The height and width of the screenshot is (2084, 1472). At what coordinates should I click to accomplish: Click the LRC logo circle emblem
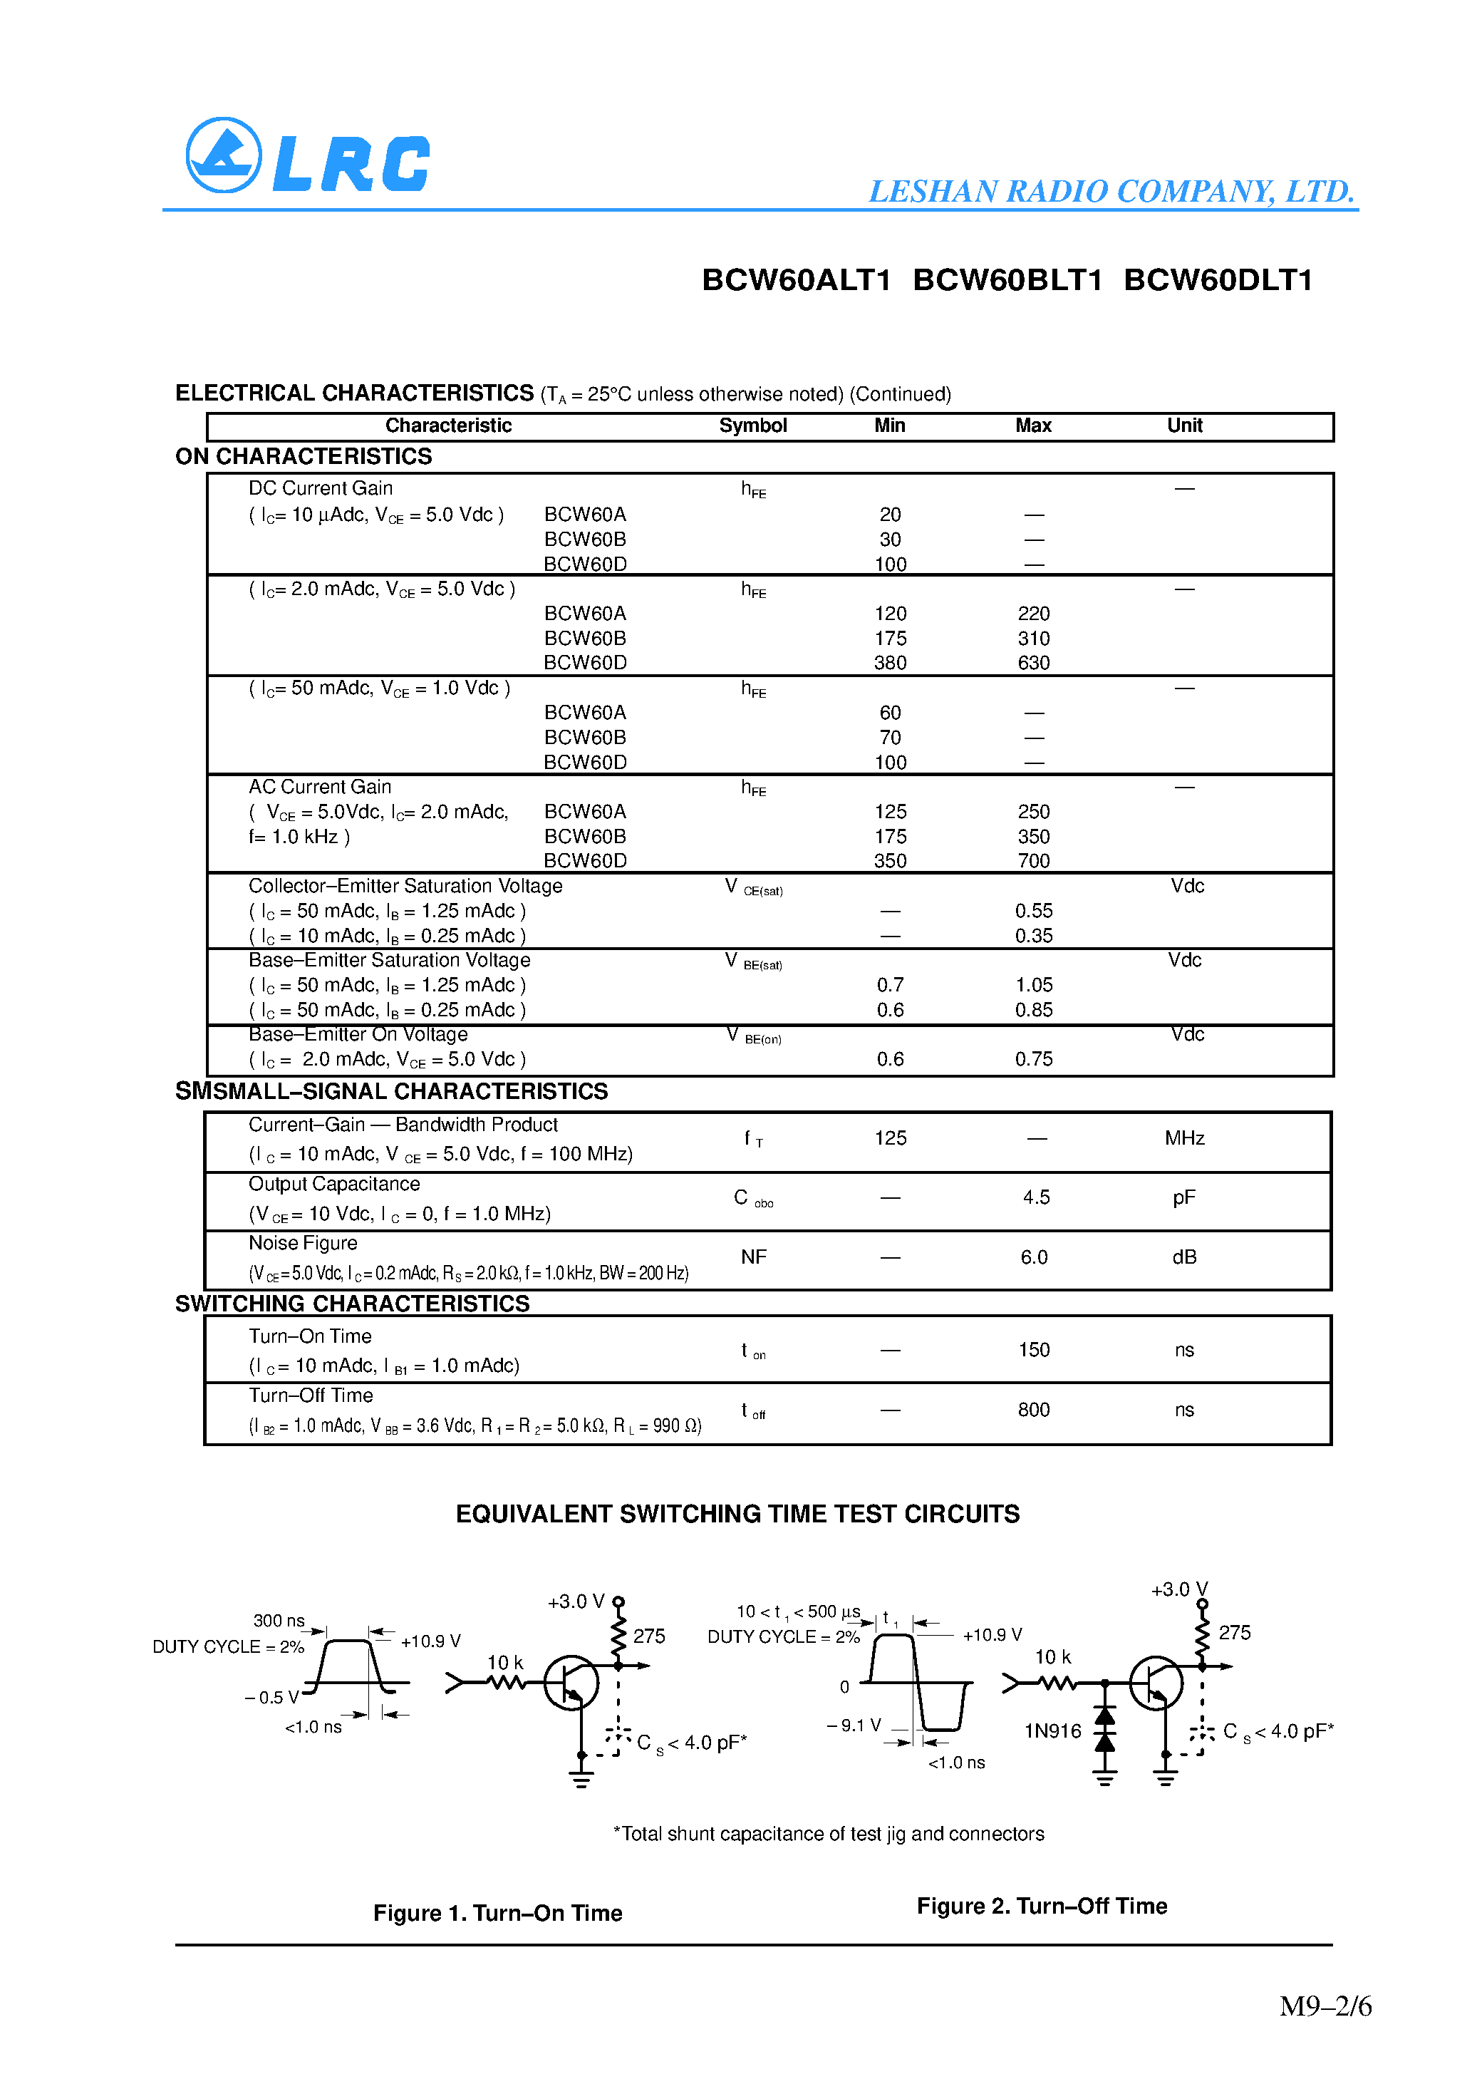[223, 155]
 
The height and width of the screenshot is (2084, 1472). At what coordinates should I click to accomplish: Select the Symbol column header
[752, 425]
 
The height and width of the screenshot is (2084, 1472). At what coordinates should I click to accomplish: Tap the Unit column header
[1183, 425]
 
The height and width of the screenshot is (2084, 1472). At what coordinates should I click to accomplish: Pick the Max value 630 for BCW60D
[1033, 664]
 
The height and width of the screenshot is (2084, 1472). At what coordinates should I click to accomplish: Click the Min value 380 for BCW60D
[889, 664]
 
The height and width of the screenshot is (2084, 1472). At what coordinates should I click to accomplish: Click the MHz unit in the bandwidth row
[1183, 1138]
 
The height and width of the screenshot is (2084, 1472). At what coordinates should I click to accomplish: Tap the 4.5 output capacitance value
[1035, 1198]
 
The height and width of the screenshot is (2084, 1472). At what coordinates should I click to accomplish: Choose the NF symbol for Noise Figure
[753, 1257]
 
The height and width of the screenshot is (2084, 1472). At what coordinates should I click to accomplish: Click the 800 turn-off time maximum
[1033, 1410]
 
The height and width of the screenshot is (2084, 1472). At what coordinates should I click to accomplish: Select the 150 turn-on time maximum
[1033, 1350]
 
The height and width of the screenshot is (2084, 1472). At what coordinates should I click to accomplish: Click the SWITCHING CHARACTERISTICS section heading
[352, 1304]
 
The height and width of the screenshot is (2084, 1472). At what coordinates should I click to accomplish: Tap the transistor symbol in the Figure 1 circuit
[571, 1683]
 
